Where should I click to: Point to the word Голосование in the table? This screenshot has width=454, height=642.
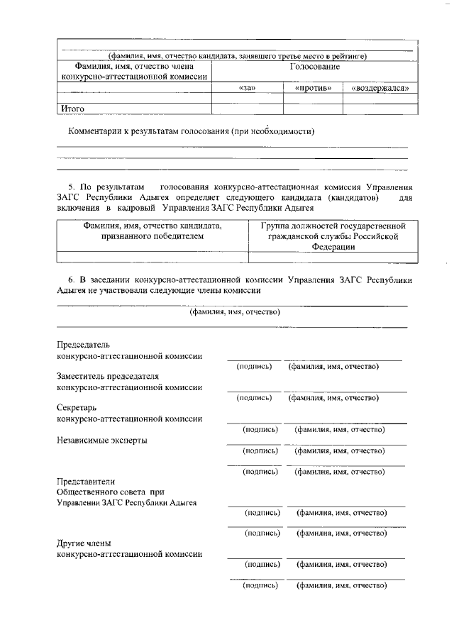pos(314,66)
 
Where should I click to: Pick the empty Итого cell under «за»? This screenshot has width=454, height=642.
pos(248,109)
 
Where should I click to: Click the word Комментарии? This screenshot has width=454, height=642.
pos(99,131)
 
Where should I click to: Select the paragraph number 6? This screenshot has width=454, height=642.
pos(61,280)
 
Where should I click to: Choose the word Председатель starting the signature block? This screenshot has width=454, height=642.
pos(83,345)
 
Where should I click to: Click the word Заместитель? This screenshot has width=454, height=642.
pos(82,376)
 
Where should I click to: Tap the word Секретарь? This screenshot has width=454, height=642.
pos(75,408)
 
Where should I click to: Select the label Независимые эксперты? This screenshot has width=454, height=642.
pos(101,440)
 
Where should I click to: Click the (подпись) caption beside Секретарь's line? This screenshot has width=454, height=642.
pos(260,430)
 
